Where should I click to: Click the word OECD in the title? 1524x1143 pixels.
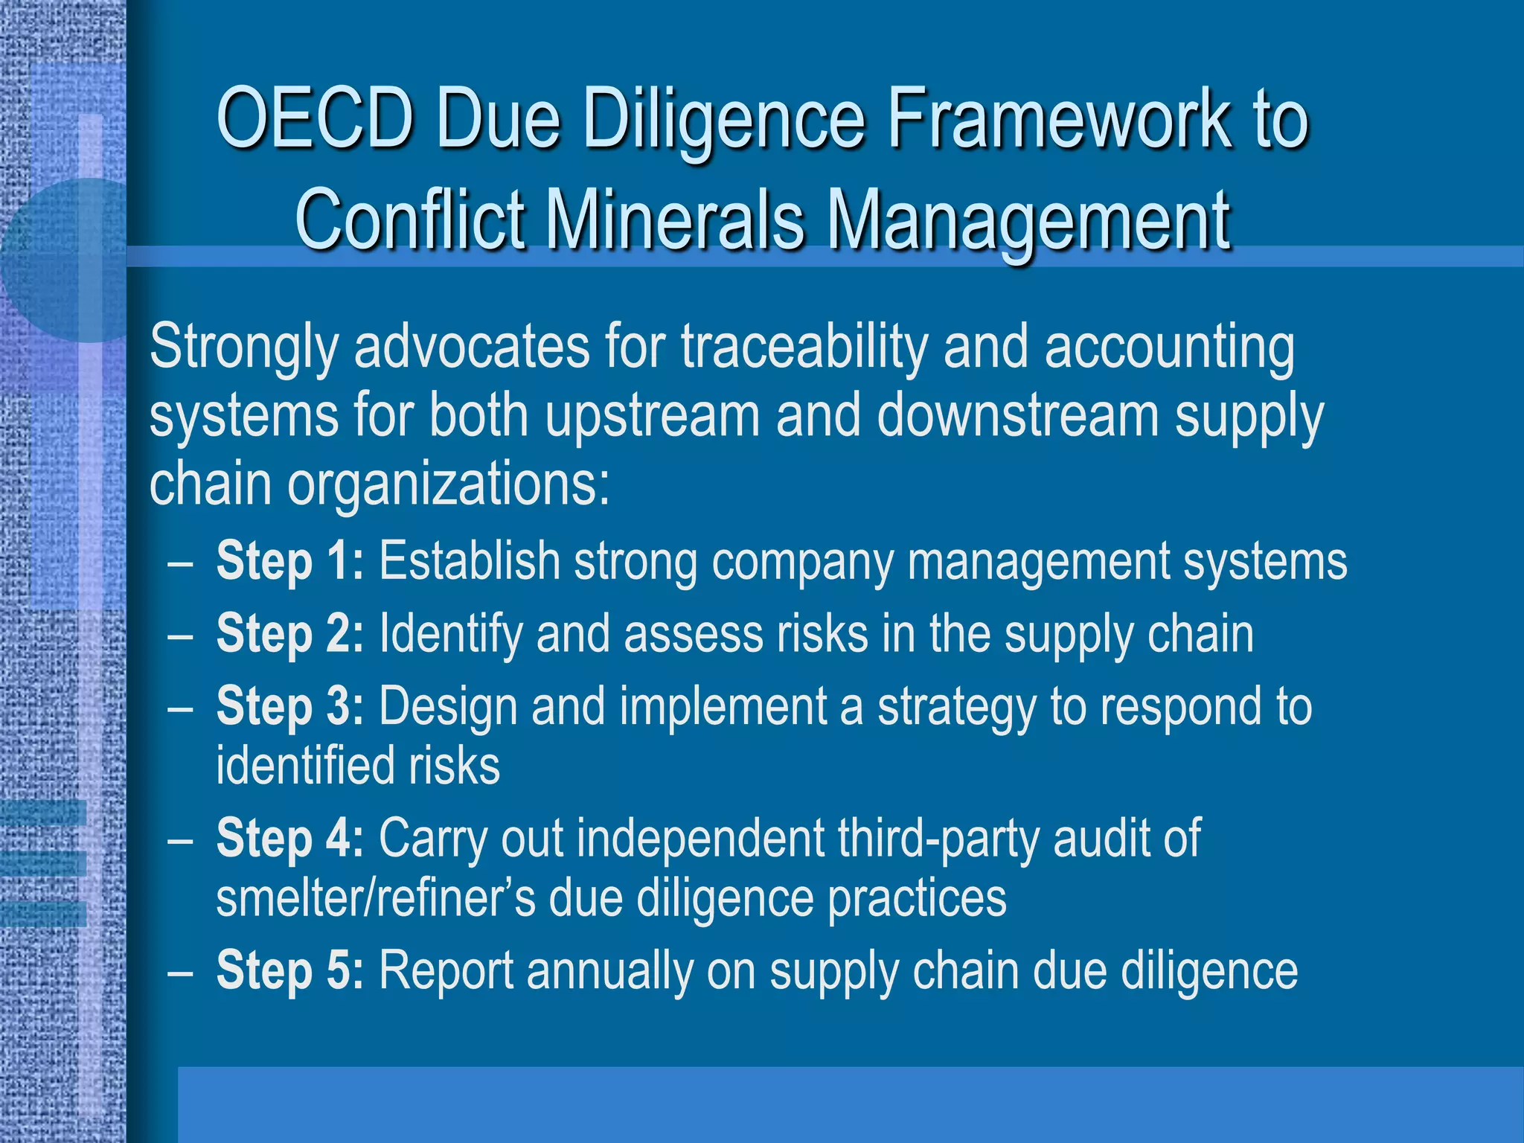315,119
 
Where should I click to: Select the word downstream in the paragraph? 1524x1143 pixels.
1017,416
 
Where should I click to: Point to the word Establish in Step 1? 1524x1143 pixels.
470,561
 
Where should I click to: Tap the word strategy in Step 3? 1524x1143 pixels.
957,708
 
